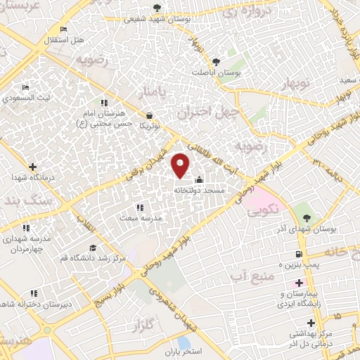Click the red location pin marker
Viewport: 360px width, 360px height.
[181, 165]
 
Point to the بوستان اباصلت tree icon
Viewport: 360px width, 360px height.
[217, 61]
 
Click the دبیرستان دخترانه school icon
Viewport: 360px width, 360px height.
[33, 293]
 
